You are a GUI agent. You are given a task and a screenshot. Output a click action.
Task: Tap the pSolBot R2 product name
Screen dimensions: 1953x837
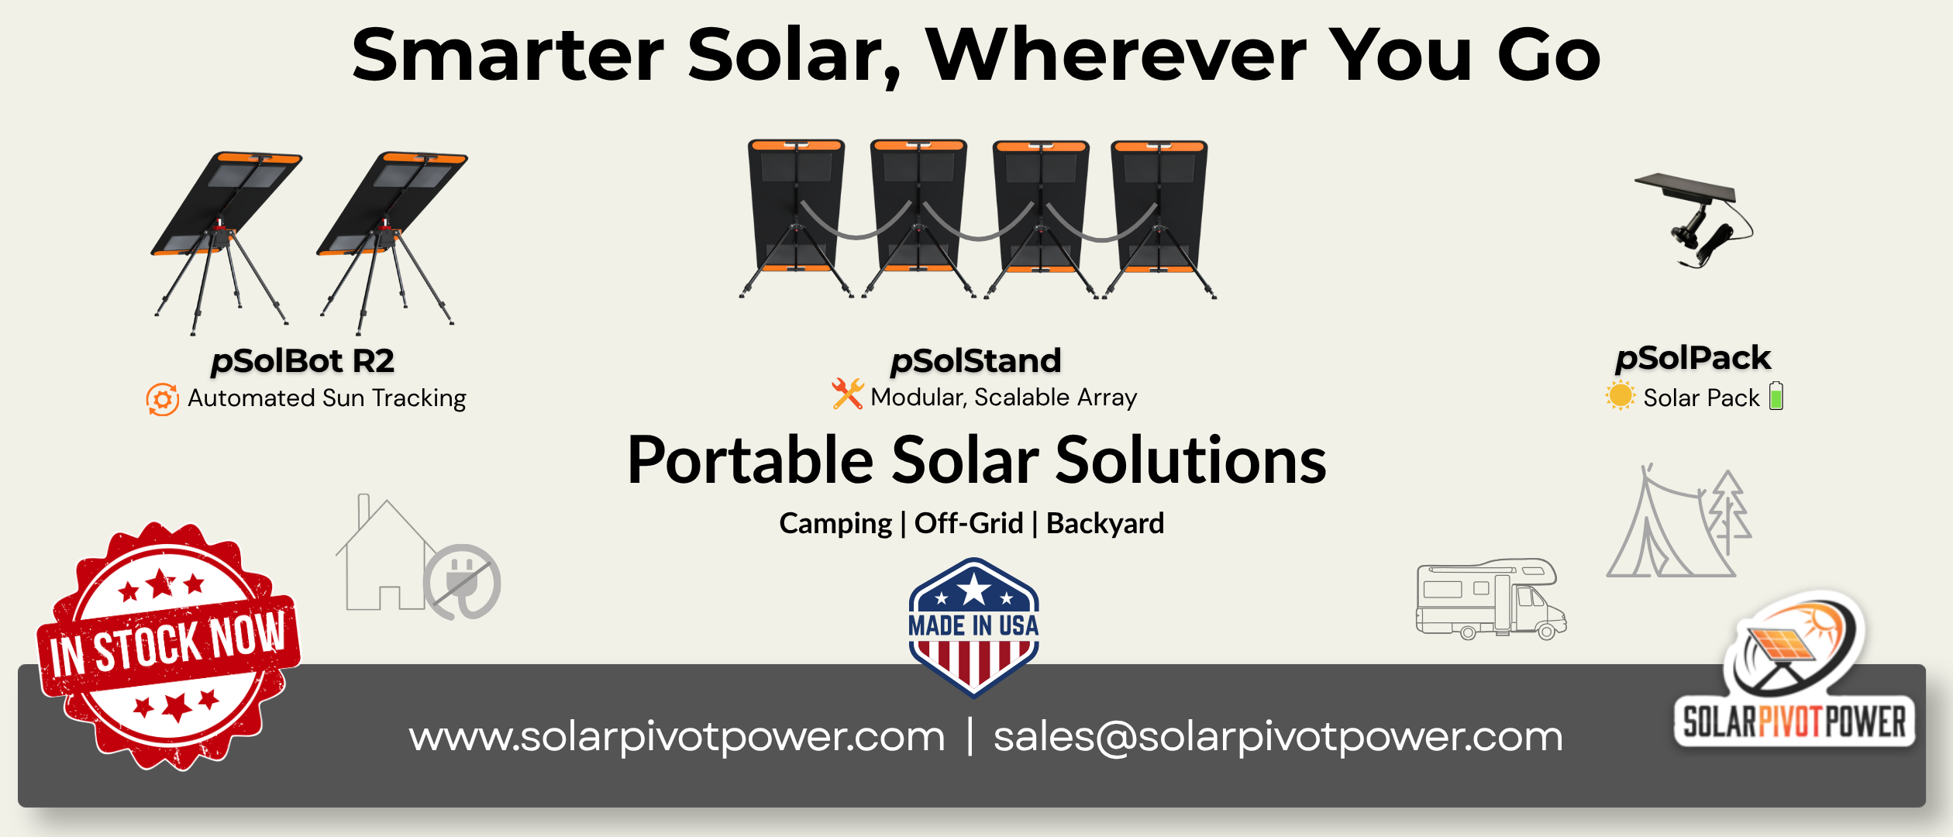(302, 361)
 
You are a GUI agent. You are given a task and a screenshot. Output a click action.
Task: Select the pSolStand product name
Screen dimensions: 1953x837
(976, 361)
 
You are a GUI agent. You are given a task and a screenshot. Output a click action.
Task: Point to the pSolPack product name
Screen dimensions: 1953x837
(1693, 359)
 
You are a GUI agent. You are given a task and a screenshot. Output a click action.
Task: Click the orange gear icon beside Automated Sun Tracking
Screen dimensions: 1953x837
(163, 399)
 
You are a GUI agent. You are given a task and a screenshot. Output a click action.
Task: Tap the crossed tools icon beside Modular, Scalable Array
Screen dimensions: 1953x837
(848, 394)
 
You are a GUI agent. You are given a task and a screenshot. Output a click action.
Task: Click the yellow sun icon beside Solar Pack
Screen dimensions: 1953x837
(1621, 395)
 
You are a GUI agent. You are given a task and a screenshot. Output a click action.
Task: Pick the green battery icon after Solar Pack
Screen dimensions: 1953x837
(1776, 395)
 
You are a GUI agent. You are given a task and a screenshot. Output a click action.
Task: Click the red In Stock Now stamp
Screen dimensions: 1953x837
(169, 646)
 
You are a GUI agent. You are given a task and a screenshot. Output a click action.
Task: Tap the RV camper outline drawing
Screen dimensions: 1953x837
(1491, 599)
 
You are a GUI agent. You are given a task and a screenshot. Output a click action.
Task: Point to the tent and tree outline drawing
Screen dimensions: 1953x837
(1679, 521)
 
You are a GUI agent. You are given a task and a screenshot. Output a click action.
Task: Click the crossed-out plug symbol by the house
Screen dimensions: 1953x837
(462, 582)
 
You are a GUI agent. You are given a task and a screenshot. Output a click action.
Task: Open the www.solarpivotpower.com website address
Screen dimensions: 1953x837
(677, 736)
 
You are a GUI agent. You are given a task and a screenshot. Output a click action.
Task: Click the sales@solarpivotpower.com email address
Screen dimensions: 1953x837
(1278, 736)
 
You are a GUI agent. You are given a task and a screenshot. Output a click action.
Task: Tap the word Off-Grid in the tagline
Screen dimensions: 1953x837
(969, 524)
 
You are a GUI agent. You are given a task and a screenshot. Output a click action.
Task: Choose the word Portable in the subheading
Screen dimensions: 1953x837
(750, 460)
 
